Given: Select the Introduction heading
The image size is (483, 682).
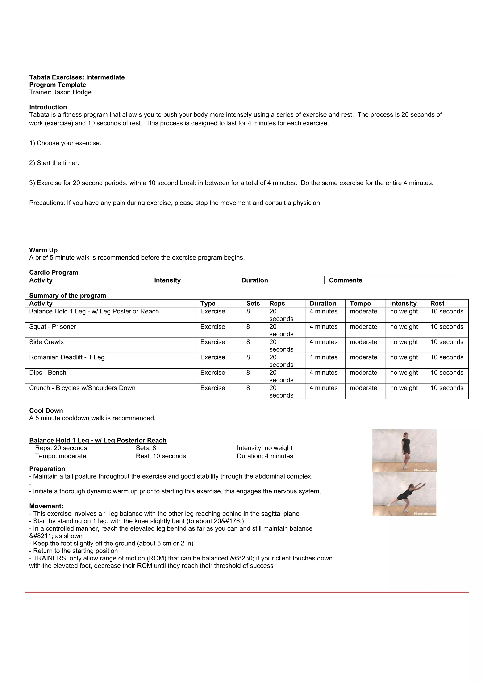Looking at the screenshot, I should click(48, 107).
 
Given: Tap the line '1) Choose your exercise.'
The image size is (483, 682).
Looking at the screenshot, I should click(65, 143).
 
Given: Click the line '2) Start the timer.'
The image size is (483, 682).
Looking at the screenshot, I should click(54, 163).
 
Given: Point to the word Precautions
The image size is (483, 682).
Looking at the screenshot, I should click(47, 203).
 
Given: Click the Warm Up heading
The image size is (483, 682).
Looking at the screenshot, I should click(43, 250).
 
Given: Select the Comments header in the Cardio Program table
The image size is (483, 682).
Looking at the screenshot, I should click(345, 280).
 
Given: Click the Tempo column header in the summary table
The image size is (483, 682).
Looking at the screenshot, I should click(360, 304).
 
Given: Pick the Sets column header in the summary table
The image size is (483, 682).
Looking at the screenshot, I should click(253, 304).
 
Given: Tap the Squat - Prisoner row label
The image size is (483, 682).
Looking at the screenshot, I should click(53, 327).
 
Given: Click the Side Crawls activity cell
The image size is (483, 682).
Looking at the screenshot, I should click(46, 342).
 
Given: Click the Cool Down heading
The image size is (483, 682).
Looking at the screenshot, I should click(46, 411).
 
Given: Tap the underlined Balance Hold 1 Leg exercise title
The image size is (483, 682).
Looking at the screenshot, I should click(98, 441).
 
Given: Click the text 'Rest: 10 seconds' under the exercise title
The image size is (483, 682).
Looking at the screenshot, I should click(161, 456).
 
